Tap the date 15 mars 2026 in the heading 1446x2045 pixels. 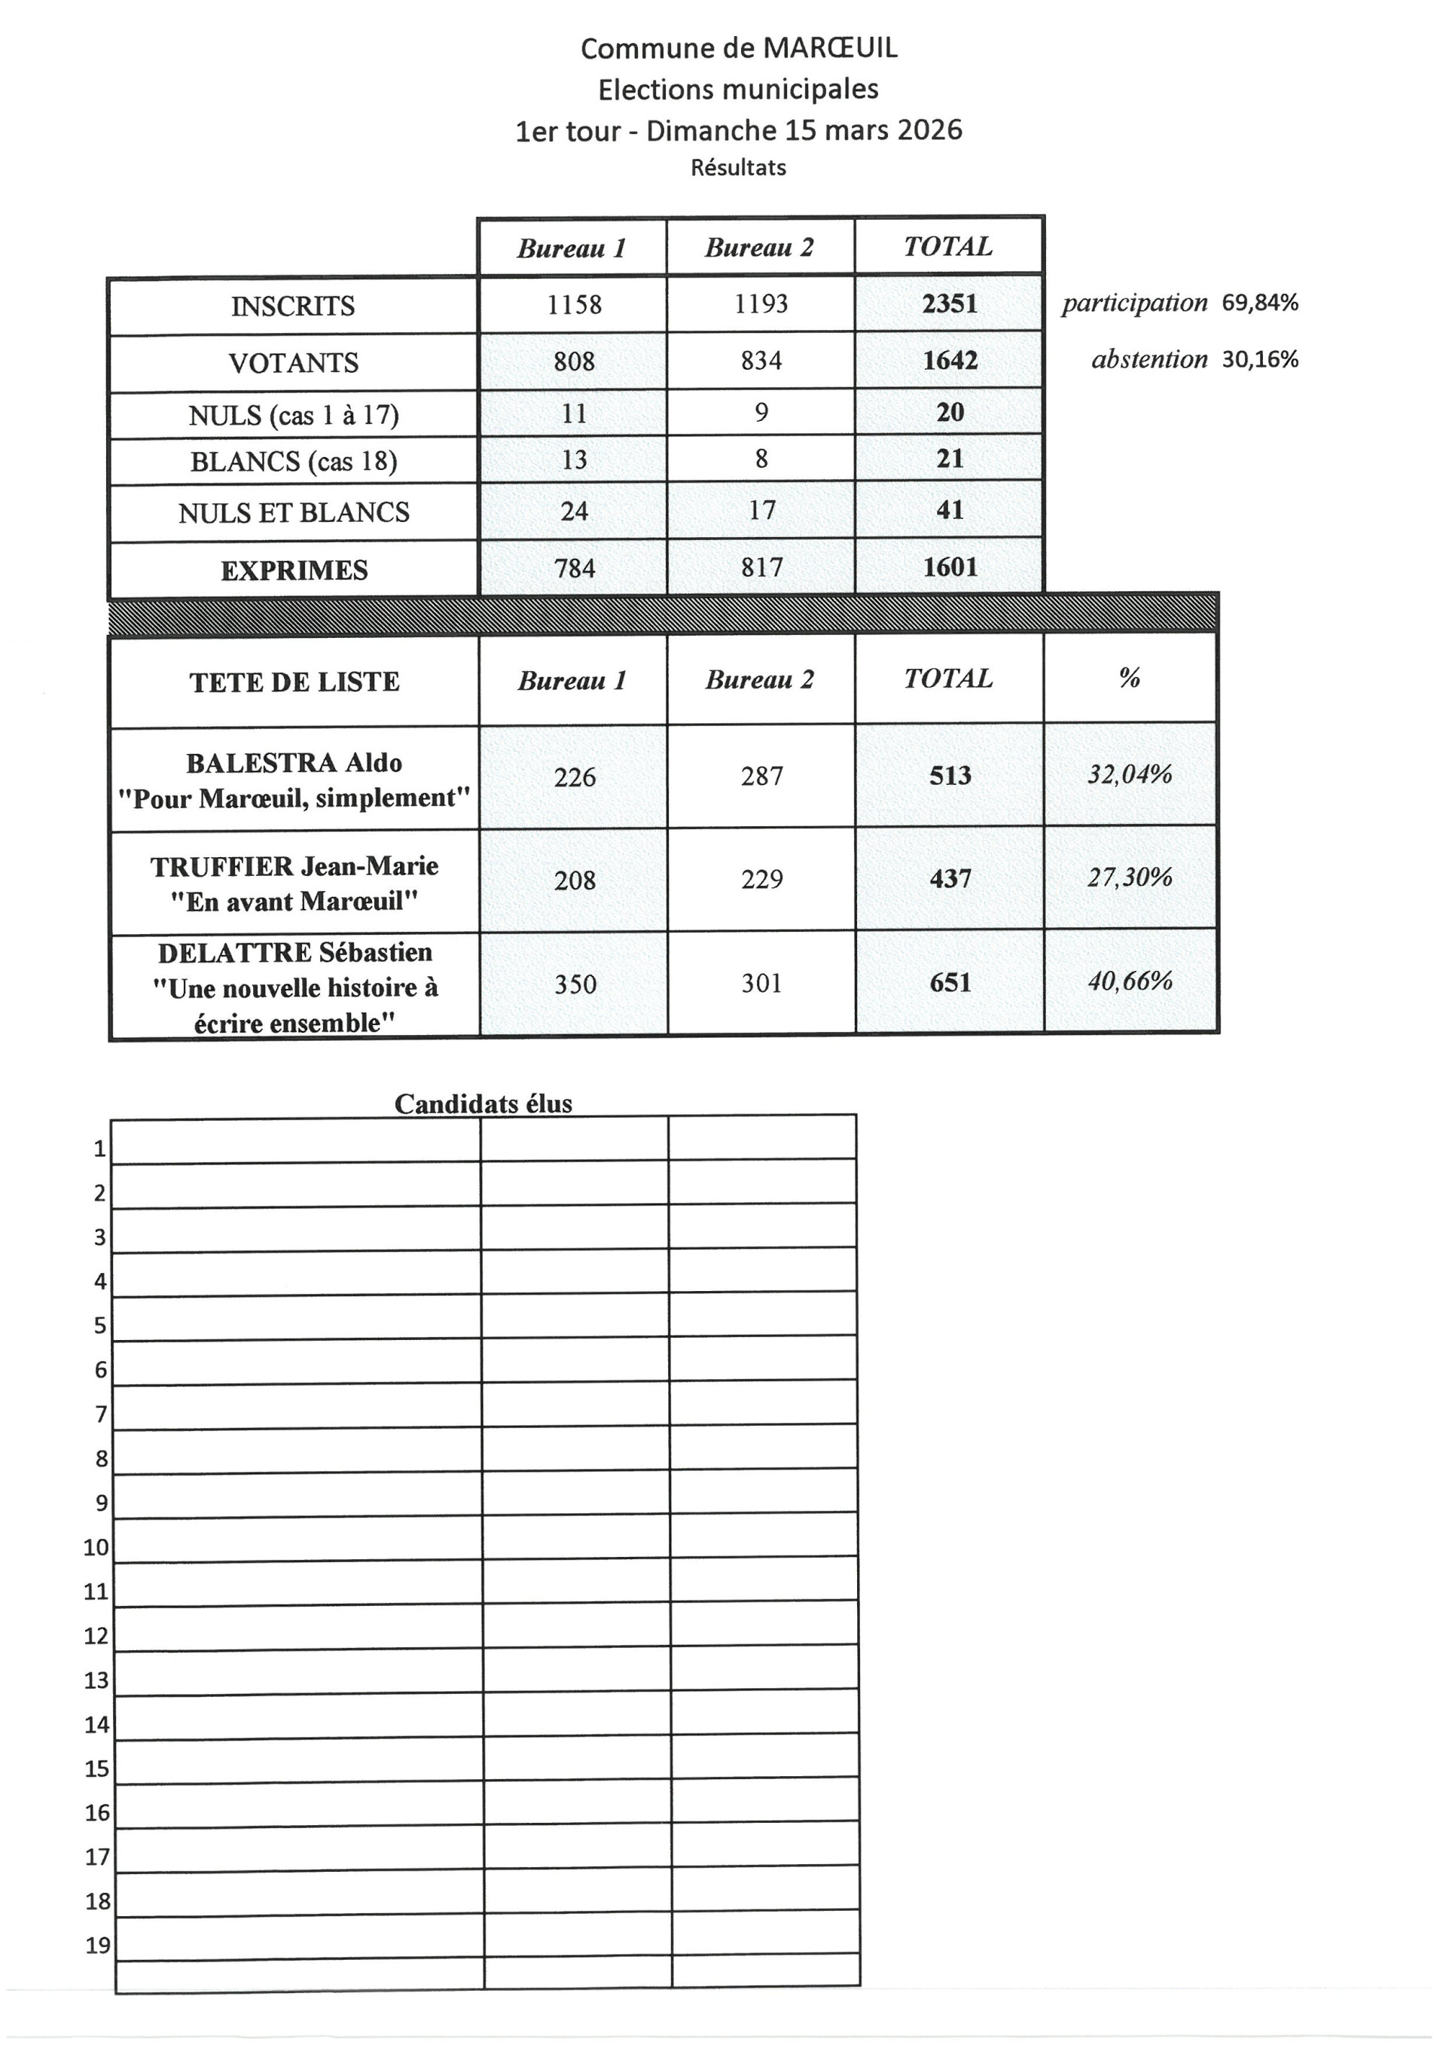(x=873, y=130)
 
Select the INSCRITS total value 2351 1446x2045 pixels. (x=949, y=304)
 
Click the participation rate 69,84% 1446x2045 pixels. (x=1259, y=303)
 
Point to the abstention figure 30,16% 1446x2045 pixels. (x=1259, y=359)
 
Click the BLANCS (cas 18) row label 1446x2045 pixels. (x=293, y=462)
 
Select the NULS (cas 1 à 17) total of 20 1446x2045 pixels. (x=949, y=411)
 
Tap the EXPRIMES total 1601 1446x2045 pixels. (x=949, y=566)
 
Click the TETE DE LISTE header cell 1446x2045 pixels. (x=294, y=682)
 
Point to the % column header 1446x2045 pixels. (x=1129, y=679)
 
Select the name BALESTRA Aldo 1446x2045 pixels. (x=294, y=762)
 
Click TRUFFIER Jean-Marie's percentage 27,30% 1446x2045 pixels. (x=1129, y=878)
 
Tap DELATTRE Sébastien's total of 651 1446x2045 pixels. (x=949, y=982)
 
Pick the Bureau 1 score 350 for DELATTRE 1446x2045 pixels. (x=575, y=983)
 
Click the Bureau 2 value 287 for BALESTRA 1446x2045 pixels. (x=761, y=776)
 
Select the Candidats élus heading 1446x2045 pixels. (x=483, y=1103)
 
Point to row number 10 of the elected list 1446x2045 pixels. (x=96, y=1547)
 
